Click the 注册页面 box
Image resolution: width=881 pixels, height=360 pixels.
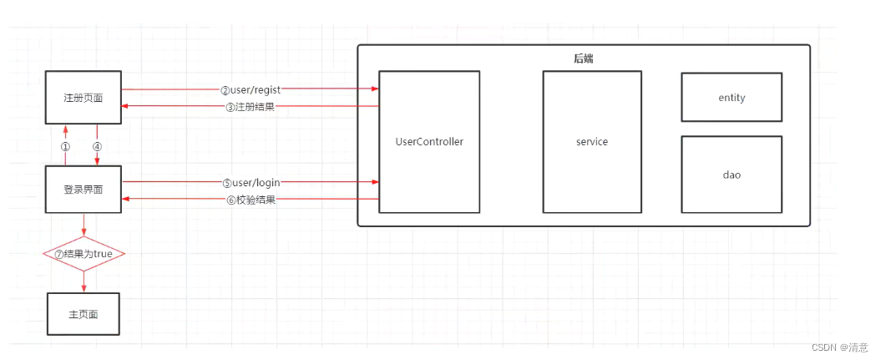[x=84, y=98]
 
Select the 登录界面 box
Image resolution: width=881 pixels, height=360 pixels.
[x=84, y=190]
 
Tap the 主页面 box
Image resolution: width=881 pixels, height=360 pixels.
[x=84, y=315]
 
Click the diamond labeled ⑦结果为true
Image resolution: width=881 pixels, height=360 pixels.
[x=84, y=254]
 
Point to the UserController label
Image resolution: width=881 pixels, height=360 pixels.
[x=428, y=142]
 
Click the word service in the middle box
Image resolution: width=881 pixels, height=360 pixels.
[x=592, y=142]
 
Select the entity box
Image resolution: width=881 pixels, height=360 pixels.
[x=732, y=98]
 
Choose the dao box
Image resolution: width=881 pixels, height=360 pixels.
[x=732, y=175]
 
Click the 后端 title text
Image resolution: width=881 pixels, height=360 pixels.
[x=584, y=58]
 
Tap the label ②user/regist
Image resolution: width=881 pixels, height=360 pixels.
[x=250, y=89]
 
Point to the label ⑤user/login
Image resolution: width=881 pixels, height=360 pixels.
[x=250, y=182]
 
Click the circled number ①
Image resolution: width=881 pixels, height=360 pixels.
[x=65, y=145]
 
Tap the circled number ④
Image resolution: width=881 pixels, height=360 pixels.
[x=97, y=145]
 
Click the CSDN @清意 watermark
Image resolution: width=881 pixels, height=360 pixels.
[x=840, y=347]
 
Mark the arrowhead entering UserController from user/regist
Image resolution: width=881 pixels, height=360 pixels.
[x=374, y=89]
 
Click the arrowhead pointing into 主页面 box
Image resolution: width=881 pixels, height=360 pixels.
[x=84, y=288]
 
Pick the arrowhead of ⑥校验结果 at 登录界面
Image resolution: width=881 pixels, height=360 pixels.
[x=126, y=199]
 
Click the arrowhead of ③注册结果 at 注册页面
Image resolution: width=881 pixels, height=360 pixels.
[x=126, y=106]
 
